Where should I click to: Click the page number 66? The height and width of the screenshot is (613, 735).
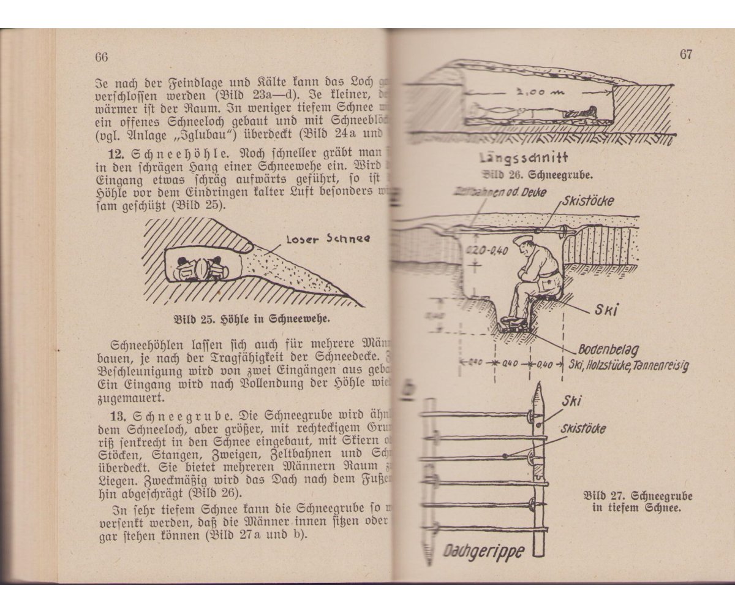coord(101,57)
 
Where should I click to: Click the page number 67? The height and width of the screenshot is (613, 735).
coord(685,54)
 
